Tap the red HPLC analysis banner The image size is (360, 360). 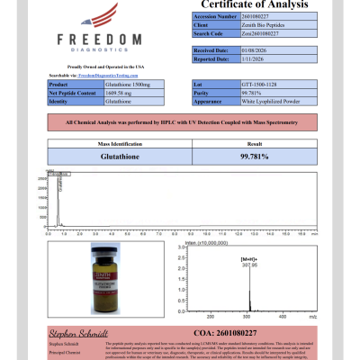coord(180,119)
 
